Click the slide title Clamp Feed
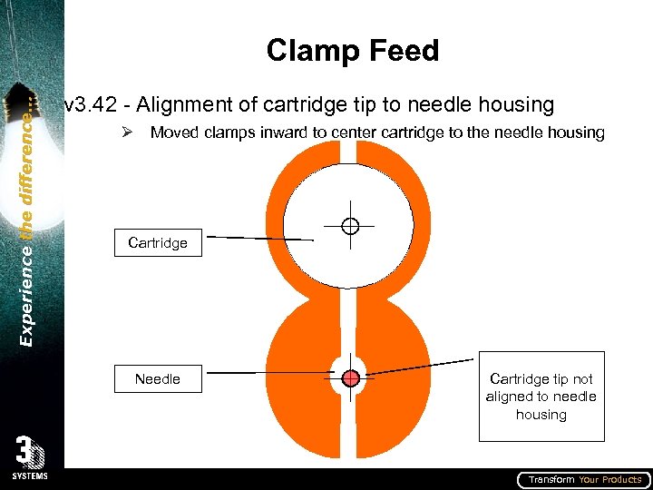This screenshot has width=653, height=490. [x=353, y=51]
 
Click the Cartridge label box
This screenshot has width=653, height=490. [x=158, y=243]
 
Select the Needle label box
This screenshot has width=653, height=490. [x=158, y=378]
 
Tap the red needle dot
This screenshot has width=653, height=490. [x=351, y=377]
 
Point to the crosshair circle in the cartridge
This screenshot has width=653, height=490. [x=350, y=225]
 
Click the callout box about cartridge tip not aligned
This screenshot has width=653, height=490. [x=541, y=396]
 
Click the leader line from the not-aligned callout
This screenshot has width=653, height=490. [x=422, y=367]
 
